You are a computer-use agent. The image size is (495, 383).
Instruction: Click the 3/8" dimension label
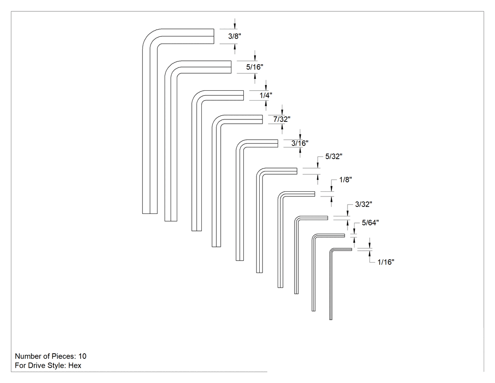pos(235,36)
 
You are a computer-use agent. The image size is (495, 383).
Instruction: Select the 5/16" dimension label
pos(255,67)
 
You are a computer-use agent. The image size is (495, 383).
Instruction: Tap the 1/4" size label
pos(266,95)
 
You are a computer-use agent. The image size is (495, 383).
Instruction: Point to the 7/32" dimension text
pos(281,119)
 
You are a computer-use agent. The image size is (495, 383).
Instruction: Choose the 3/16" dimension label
pos(299,143)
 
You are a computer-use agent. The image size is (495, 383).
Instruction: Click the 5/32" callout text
pos(334,156)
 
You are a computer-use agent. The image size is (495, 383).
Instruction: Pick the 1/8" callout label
pos(346,179)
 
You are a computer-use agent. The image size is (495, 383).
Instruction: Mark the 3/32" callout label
pos(363,204)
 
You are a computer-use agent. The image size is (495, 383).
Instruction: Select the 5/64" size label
pos(370,223)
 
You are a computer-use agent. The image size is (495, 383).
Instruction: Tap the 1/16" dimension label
pos(386,262)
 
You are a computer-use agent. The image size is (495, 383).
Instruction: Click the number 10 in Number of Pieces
pos(82,356)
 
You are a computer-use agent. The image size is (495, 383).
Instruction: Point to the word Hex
pos(75,365)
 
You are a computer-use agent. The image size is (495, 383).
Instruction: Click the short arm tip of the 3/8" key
pos(214,36)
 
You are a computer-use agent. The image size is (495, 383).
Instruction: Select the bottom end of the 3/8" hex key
pos(150,213)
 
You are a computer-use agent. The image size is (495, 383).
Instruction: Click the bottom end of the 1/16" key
pos(331,319)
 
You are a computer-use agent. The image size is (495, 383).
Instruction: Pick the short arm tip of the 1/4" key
pos(243,95)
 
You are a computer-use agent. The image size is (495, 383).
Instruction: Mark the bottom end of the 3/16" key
pos(239,260)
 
